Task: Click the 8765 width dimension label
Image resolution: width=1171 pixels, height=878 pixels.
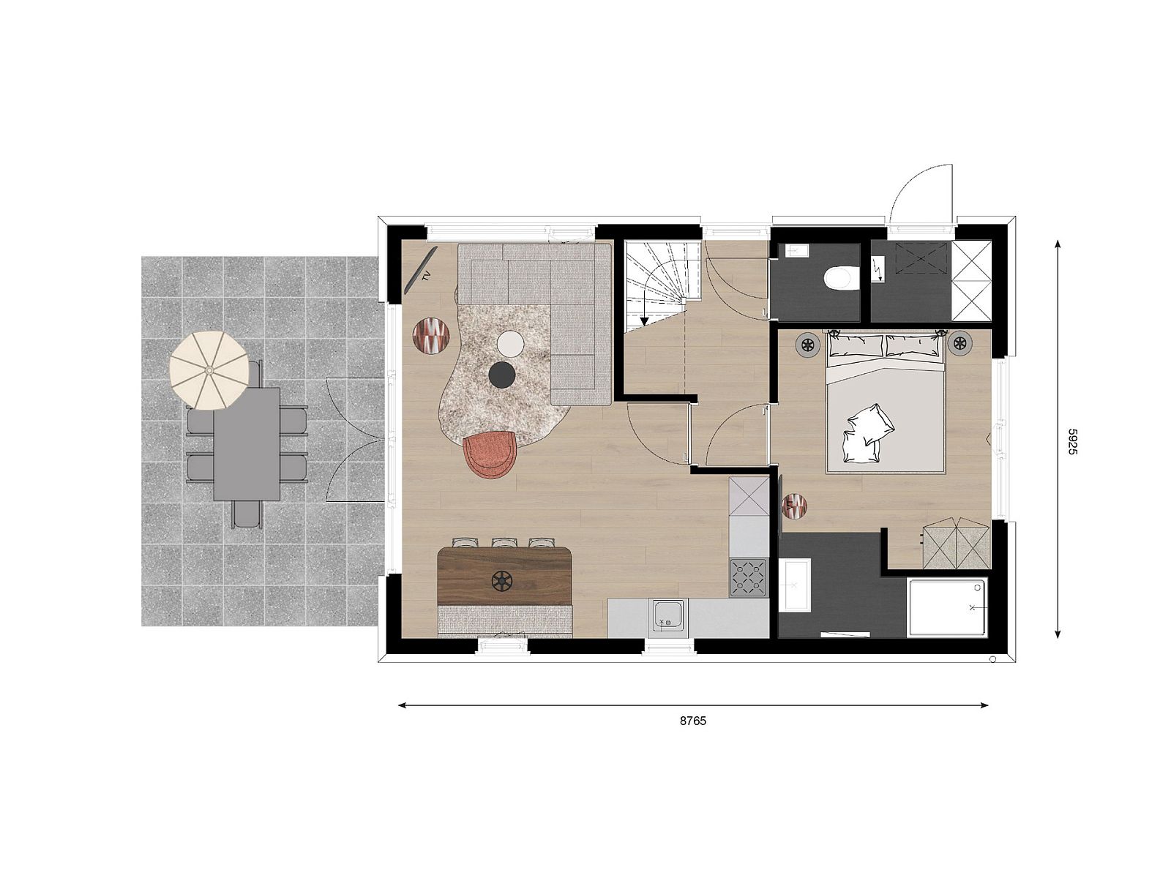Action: (693, 721)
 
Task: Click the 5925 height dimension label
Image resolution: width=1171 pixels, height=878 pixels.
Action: (1071, 441)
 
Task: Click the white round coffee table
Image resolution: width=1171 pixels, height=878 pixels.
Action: (510, 343)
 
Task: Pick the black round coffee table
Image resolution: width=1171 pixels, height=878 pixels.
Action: (502, 375)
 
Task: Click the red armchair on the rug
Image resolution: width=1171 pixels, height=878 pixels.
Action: (490, 454)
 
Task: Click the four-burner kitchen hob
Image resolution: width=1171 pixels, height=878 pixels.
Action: (748, 578)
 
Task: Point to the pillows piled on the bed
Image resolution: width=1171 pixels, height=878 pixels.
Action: (867, 435)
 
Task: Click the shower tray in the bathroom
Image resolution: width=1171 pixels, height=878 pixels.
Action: (947, 607)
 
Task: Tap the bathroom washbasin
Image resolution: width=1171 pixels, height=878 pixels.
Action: (795, 585)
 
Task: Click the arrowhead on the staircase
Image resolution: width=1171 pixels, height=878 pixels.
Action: (644, 320)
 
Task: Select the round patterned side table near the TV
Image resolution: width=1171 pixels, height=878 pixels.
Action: (432, 336)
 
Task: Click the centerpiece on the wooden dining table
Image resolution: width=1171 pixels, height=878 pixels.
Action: (502, 581)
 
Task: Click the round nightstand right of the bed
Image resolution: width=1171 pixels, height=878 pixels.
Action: (959, 342)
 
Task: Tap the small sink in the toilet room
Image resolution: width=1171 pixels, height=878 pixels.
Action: (796, 251)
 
